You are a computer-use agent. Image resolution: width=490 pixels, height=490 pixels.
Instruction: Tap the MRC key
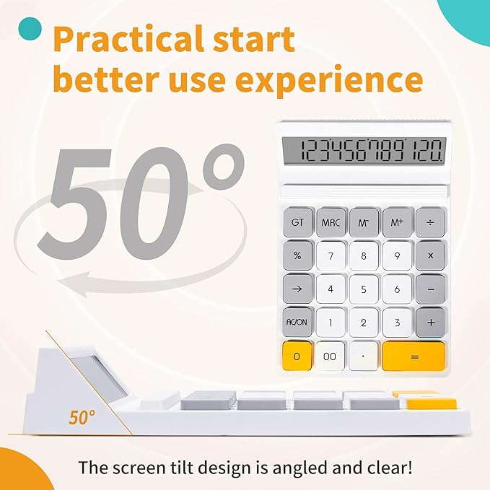tap(331, 222)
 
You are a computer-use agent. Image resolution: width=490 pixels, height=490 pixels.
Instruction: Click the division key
tap(430, 222)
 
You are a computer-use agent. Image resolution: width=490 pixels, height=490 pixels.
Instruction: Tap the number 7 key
tap(331, 255)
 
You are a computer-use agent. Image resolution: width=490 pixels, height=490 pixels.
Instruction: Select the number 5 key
tap(364, 289)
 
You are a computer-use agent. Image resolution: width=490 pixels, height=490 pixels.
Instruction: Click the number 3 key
tap(397, 322)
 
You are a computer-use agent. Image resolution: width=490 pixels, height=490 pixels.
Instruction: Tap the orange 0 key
tap(297, 356)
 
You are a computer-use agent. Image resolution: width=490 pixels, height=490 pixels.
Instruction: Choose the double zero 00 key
tap(331, 356)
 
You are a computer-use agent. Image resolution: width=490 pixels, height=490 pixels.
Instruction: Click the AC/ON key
tap(297, 322)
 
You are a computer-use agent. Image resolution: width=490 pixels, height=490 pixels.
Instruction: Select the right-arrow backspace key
tap(297, 289)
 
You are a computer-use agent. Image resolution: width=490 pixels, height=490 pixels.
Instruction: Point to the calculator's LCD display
tap(362, 151)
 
